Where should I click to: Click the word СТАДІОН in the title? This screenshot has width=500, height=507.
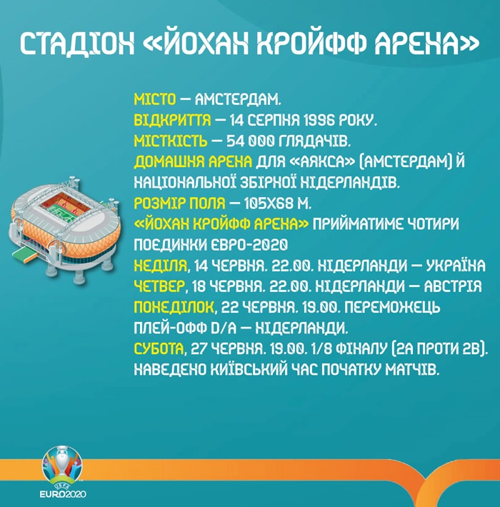pos(77,44)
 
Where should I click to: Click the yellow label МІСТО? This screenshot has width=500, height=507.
pos(155,100)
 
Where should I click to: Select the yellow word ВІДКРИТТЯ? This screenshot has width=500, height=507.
pos(172,121)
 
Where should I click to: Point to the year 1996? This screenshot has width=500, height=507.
pos(316,121)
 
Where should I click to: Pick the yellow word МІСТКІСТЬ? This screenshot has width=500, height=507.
pos(171,141)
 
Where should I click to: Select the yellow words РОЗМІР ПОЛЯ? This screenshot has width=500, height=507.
pos(179,204)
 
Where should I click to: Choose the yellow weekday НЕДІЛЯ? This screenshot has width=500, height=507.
pos(161,266)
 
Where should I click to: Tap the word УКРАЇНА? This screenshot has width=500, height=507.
pos(456,266)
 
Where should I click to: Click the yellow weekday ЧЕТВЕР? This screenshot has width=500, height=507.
pos(159,287)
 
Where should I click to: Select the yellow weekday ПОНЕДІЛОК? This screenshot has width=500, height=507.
pos(174,307)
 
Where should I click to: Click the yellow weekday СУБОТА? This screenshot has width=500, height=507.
pos(159,349)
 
